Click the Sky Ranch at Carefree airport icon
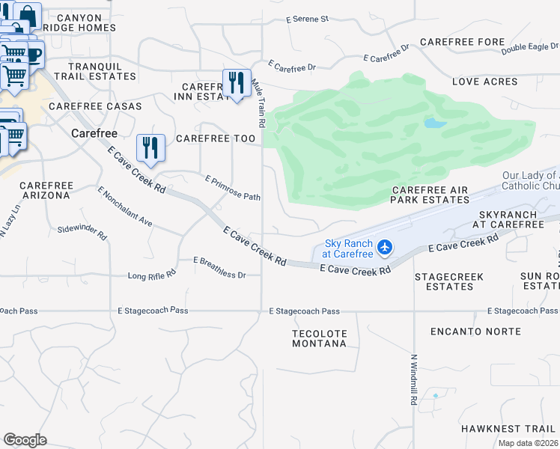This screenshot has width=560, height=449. [x=385, y=246]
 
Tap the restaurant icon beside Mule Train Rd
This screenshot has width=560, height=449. [x=237, y=83]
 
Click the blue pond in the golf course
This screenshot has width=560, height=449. [x=435, y=123]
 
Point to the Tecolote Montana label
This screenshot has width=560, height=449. [x=319, y=337]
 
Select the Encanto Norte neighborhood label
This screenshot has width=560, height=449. [x=475, y=331]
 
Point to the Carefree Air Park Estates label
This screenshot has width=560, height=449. [x=430, y=195]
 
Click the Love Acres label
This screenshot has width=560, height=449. [x=484, y=81]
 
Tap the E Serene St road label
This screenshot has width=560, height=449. [x=308, y=18]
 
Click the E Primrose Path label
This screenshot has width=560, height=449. [x=233, y=188]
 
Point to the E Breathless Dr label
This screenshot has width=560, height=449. [x=219, y=268]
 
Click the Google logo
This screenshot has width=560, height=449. [x=25, y=439]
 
